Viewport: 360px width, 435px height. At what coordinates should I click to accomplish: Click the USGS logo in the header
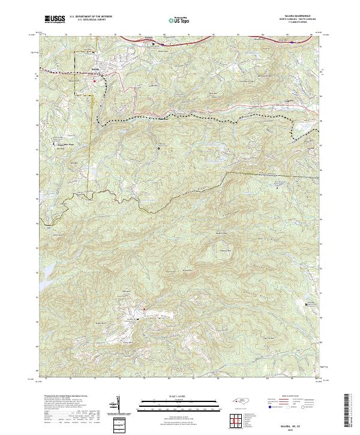tap(55, 20)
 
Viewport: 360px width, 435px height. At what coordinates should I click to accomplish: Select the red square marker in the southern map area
tap(145, 309)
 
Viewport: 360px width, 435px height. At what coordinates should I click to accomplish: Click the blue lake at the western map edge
tap(47, 270)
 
